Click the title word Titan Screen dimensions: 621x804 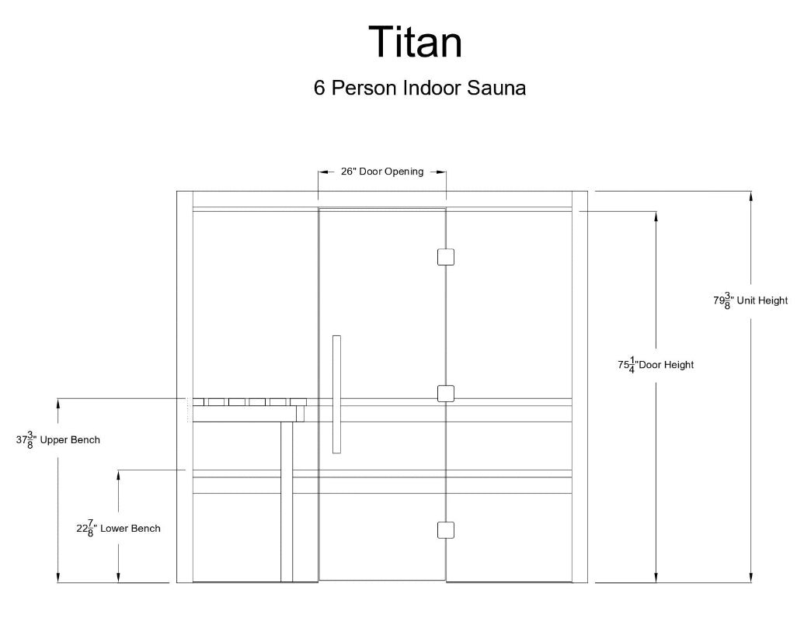click(415, 42)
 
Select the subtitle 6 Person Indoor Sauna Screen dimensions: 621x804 click(419, 88)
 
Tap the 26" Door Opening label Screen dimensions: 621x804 click(382, 172)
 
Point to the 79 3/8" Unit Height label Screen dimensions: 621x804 click(750, 300)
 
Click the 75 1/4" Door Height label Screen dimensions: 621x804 click(656, 364)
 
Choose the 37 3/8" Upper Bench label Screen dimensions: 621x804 click(58, 440)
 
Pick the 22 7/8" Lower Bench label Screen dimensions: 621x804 click(118, 529)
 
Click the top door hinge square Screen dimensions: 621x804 click(445, 256)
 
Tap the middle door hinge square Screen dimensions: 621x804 click(445, 394)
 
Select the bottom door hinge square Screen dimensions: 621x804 click(445, 529)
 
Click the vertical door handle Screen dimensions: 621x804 click(336, 394)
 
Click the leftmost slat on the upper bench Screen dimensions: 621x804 click(199, 402)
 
